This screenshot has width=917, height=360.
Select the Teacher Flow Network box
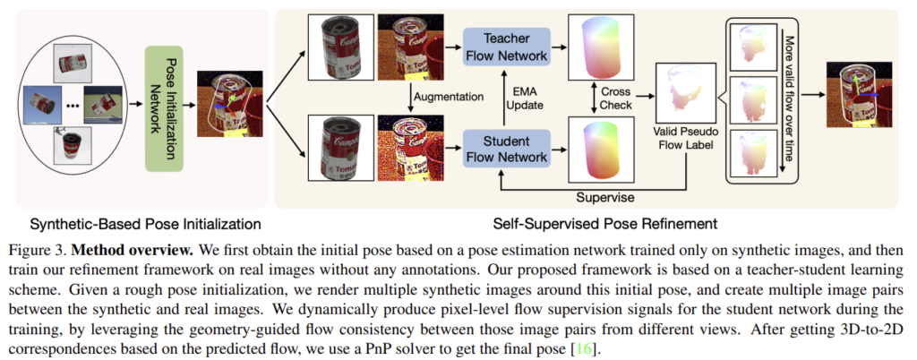pos(507,47)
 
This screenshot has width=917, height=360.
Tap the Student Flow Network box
pos(507,149)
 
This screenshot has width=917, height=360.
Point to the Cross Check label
pos(616,99)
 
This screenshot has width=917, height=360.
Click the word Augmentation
pos(450,96)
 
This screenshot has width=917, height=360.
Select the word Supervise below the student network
pos(605,198)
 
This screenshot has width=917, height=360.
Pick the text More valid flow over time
pos(789,99)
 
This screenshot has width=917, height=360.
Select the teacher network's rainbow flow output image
pos(600,47)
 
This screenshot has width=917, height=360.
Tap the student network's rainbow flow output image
pos(600,149)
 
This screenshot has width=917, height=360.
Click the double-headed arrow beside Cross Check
pos(590,98)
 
